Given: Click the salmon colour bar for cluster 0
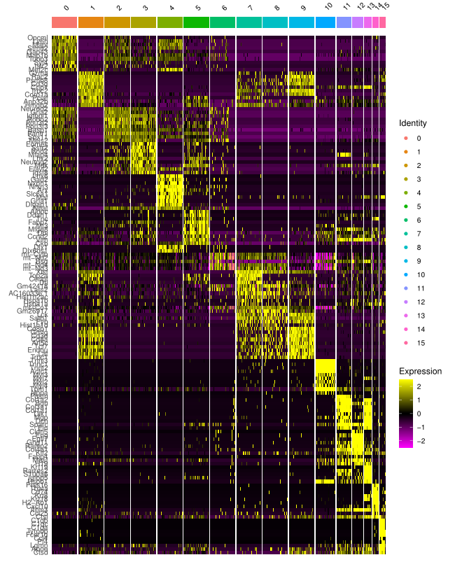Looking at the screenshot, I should [64, 22].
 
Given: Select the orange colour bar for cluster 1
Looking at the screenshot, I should [91, 22].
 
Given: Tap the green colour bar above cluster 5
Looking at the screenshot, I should [196, 22].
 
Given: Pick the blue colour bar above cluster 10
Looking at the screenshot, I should [325, 22].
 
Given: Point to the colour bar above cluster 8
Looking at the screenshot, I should [275, 22].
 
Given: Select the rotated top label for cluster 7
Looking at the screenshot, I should [250, 8].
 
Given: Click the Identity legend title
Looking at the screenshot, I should [413, 123].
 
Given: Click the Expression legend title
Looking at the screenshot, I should [420, 371].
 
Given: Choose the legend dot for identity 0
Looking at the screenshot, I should [405, 139].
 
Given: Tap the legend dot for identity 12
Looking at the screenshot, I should [405, 302].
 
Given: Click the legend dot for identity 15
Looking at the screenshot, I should [405, 343].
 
